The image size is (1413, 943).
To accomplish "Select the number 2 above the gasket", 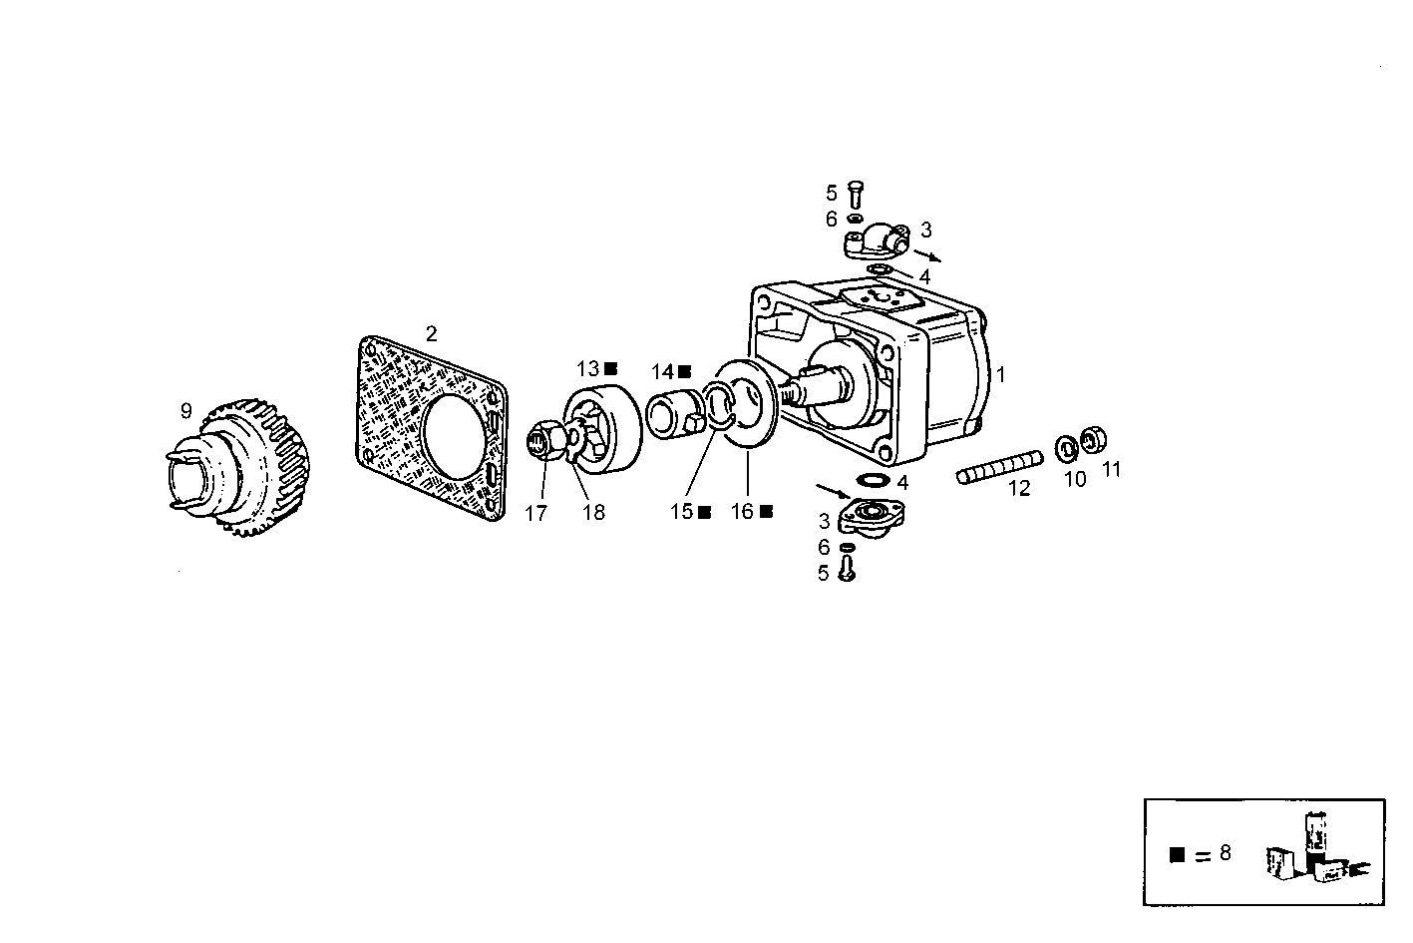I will (x=431, y=333).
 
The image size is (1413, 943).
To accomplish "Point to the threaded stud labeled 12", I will (x=999, y=467).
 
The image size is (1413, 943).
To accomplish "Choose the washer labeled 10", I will (x=1065, y=448).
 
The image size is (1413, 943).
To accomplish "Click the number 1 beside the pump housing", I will (x=1001, y=374).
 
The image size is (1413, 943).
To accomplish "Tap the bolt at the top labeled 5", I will (x=856, y=194).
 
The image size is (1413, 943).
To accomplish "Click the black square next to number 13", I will (x=610, y=368).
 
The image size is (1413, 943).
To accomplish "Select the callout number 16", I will (x=742, y=512).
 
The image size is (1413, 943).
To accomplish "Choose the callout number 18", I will (x=593, y=513).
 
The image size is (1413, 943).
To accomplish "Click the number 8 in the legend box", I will (x=1225, y=852).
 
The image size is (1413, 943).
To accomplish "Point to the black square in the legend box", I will (x=1178, y=854).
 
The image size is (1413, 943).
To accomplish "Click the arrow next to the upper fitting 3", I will (x=926, y=255).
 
